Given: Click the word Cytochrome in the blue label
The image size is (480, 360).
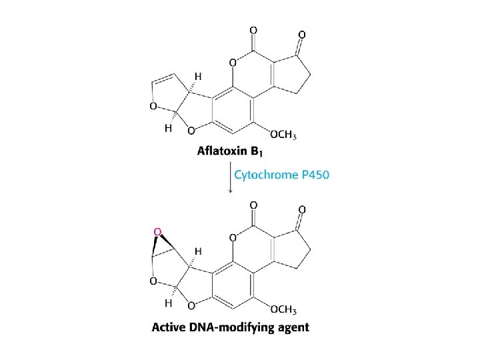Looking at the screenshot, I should pos(264,175).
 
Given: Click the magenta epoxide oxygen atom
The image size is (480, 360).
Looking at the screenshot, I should pos(158,231).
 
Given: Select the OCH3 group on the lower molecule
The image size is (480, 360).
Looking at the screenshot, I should pos(283,309).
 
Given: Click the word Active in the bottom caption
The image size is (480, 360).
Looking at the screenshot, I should pos(170,327).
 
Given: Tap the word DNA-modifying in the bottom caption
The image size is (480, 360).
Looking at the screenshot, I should pos(235,327).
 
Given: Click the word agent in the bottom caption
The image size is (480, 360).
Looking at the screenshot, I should pos(293,328).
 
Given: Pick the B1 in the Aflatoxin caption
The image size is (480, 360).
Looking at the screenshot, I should pos(259,152).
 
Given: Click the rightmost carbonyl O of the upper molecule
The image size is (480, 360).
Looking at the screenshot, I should pos(302,34).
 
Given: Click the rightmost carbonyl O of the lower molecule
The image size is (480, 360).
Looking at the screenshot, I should pos(302,210).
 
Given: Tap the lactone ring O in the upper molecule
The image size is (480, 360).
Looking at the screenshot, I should pos(233,63).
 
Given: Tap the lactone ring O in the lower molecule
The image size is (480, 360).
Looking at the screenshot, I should pos(233,238).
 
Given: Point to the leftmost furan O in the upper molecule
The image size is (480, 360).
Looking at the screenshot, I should pos(154,106).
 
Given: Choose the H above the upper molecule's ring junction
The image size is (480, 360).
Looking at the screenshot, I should pos(197,76).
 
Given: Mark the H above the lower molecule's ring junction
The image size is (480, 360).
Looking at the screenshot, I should pos(197,251).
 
